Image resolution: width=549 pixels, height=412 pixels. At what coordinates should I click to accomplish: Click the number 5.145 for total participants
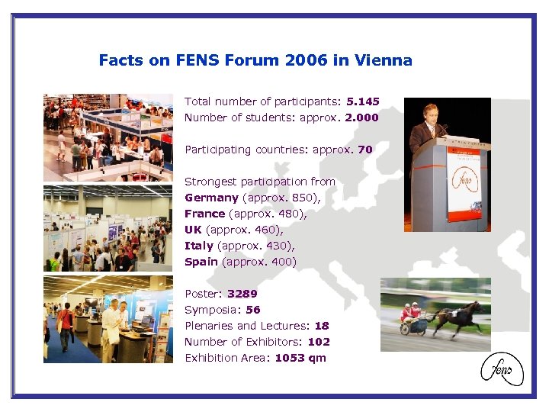[362, 101]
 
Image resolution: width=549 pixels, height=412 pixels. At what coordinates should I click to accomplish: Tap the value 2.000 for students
[361, 117]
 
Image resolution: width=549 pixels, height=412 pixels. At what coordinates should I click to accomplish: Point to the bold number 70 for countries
[365, 150]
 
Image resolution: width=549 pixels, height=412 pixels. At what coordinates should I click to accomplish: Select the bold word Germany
[211, 198]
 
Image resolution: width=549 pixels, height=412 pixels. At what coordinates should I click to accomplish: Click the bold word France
[204, 214]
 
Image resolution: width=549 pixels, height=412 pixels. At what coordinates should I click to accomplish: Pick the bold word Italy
[199, 246]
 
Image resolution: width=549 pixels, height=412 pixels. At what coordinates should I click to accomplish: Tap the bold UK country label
[193, 230]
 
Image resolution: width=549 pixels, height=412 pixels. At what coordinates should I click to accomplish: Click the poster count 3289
[242, 294]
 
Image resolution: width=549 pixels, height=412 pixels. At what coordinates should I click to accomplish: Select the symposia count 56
[253, 310]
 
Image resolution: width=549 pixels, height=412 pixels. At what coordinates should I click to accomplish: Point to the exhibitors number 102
[318, 342]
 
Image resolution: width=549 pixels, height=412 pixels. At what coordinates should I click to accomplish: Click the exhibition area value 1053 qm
[300, 358]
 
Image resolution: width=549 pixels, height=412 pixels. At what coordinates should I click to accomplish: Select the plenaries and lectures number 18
[322, 326]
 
